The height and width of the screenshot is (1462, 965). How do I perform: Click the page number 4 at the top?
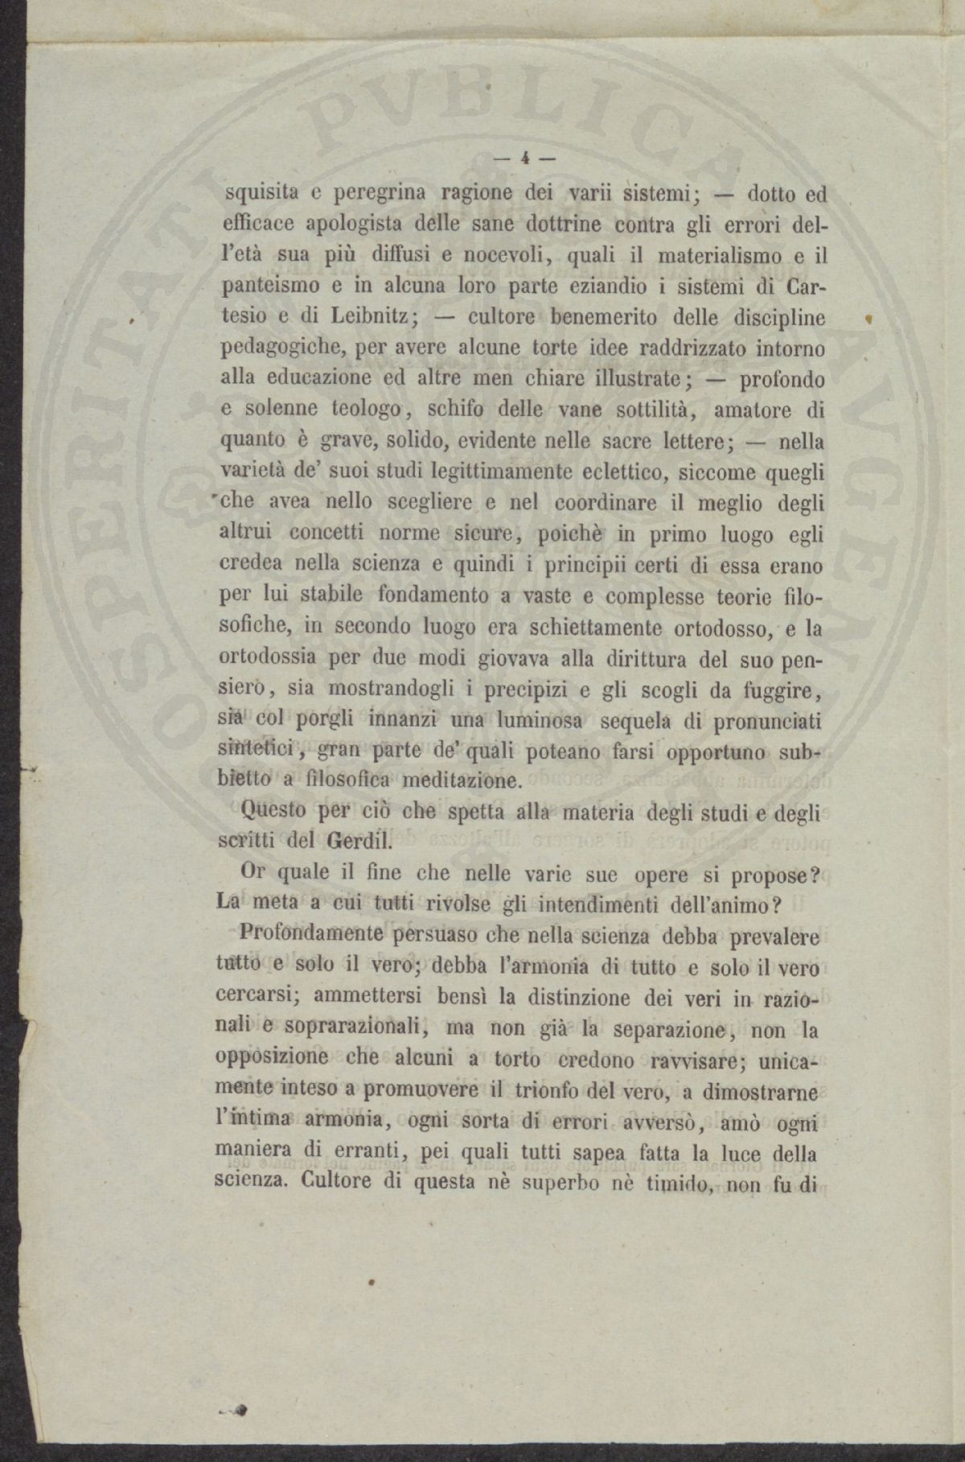(524, 159)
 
